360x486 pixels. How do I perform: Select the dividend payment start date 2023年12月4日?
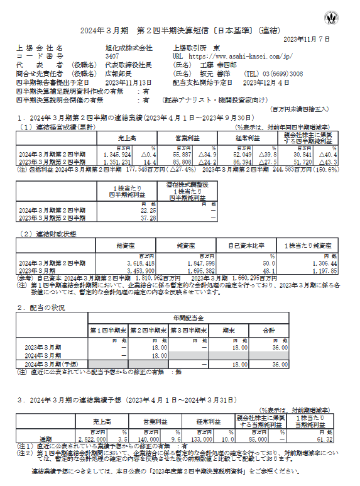pos(266,82)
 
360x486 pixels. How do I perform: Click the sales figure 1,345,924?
pos(117,153)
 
